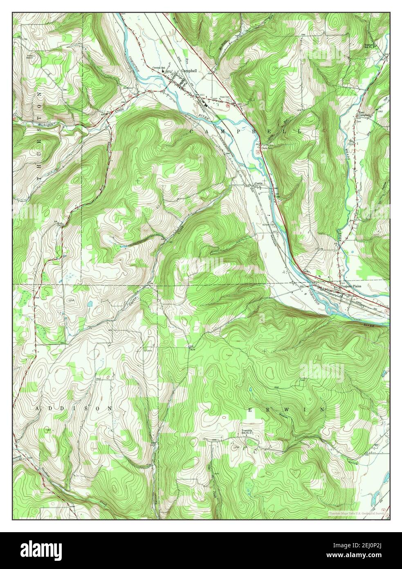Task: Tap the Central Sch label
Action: pyautogui.click(x=159, y=68)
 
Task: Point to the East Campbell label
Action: pyautogui.click(x=364, y=114)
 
